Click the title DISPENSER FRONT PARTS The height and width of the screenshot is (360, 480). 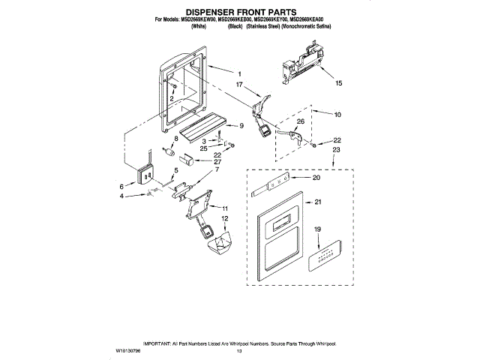click(239, 11)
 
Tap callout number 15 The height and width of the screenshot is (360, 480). click(337, 83)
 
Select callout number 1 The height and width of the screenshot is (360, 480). click(239, 73)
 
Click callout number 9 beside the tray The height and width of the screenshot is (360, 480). click(241, 125)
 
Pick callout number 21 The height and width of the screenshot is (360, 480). click(318, 202)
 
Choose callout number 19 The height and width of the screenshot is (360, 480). click(316, 229)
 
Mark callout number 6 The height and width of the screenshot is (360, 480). click(122, 186)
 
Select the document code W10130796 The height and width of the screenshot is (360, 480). click(130, 350)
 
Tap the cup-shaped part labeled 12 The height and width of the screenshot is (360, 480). click(220, 241)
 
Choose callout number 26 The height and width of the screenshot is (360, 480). click(300, 121)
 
